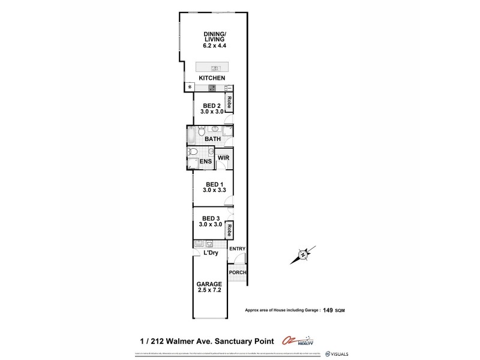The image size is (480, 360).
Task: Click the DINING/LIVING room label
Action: coord(213,37)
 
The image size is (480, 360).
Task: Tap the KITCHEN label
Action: coord(213,78)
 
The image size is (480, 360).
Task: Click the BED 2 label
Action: coord(212,105)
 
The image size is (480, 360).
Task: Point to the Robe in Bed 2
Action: coord(229,103)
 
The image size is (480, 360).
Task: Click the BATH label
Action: coord(212,139)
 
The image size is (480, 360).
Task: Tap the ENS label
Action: coord(205,161)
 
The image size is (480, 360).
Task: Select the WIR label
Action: coord(224,158)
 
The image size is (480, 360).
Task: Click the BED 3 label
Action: coord(212,218)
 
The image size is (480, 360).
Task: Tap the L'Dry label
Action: coord(210,253)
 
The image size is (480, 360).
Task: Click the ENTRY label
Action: coord(238,249)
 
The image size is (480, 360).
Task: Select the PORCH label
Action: coord(238,272)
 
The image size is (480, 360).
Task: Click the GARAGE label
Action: coord(209,284)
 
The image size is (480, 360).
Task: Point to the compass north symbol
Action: coord(302,254)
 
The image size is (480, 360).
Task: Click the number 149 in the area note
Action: coord(328,310)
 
